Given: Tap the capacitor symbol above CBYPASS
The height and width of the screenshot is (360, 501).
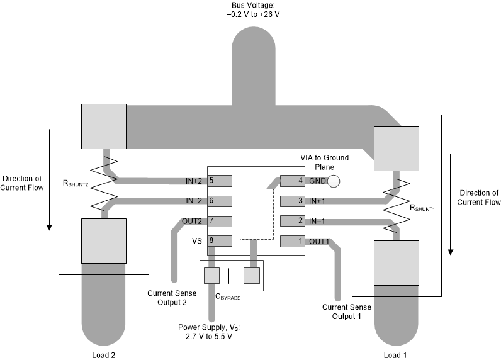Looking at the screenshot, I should click(231, 276).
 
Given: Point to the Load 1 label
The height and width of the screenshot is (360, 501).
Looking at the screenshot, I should click(395, 354).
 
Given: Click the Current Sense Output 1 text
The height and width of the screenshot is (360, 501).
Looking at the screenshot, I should click(346, 311).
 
